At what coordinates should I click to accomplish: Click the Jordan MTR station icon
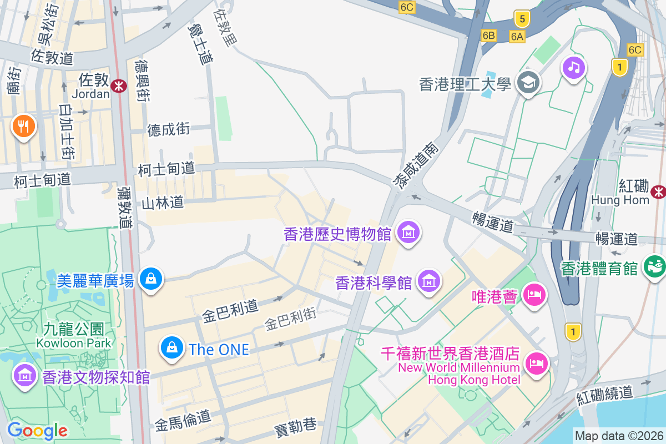(118, 85)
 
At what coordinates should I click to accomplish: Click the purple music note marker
(574, 68)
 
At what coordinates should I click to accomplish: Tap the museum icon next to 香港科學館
(429, 282)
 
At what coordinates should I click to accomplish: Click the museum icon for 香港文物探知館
(25, 376)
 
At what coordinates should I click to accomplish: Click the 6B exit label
(488, 36)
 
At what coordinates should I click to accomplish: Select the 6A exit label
(517, 36)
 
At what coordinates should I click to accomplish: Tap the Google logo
(37, 430)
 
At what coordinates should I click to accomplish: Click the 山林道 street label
(163, 203)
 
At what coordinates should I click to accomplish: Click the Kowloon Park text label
(74, 342)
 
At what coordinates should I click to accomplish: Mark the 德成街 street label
(169, 129)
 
